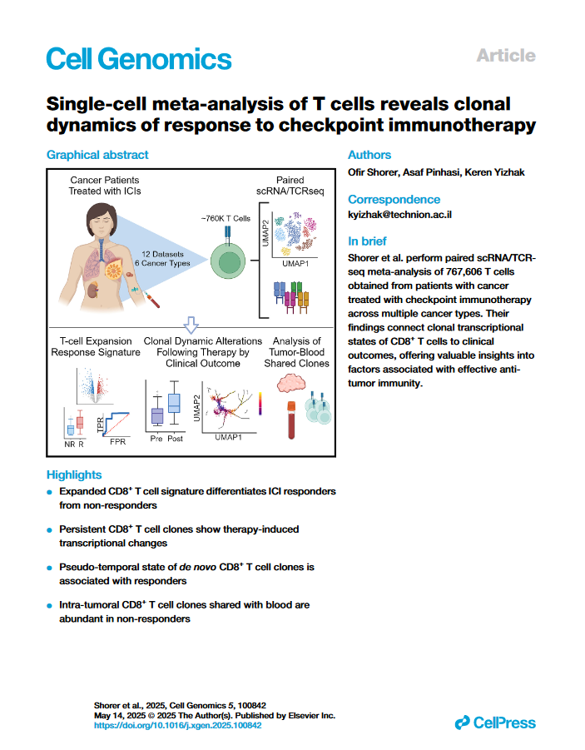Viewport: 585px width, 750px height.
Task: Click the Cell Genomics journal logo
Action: coord(138,58)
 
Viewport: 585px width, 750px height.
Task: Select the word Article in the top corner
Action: coord(505,56)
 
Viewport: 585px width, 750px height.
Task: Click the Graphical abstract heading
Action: coord(97,155)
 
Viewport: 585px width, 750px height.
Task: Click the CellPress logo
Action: coord(495,723)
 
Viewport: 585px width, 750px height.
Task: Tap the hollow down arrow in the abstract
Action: coord(190,324)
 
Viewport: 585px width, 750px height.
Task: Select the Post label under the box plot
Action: coord(175,438)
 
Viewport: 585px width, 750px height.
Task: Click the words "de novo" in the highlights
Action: coord(201,567)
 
